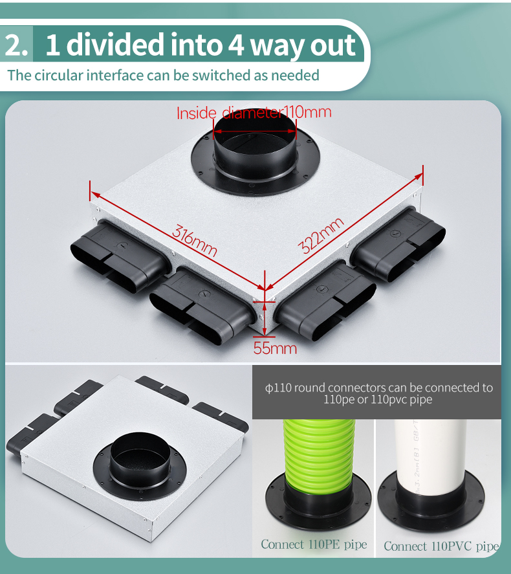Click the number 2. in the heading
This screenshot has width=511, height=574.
pos(16,45)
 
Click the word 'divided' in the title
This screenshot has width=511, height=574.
pos(115,44)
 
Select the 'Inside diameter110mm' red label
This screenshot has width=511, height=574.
pos(254,112)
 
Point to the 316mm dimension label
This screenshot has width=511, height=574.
pos(195,241)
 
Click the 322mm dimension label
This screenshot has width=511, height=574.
pos(321,235)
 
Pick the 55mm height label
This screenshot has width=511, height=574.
pos(275,348)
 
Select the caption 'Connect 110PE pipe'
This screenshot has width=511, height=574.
pos(314,544)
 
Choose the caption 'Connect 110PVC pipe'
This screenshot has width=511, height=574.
pos(441,546)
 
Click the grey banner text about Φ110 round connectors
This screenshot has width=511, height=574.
pos(378,393)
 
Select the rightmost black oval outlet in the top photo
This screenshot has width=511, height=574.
pos(398,243)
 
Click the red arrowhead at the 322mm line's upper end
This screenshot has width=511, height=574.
pos(419,177)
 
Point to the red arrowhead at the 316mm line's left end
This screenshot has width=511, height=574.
pos(95,194)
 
